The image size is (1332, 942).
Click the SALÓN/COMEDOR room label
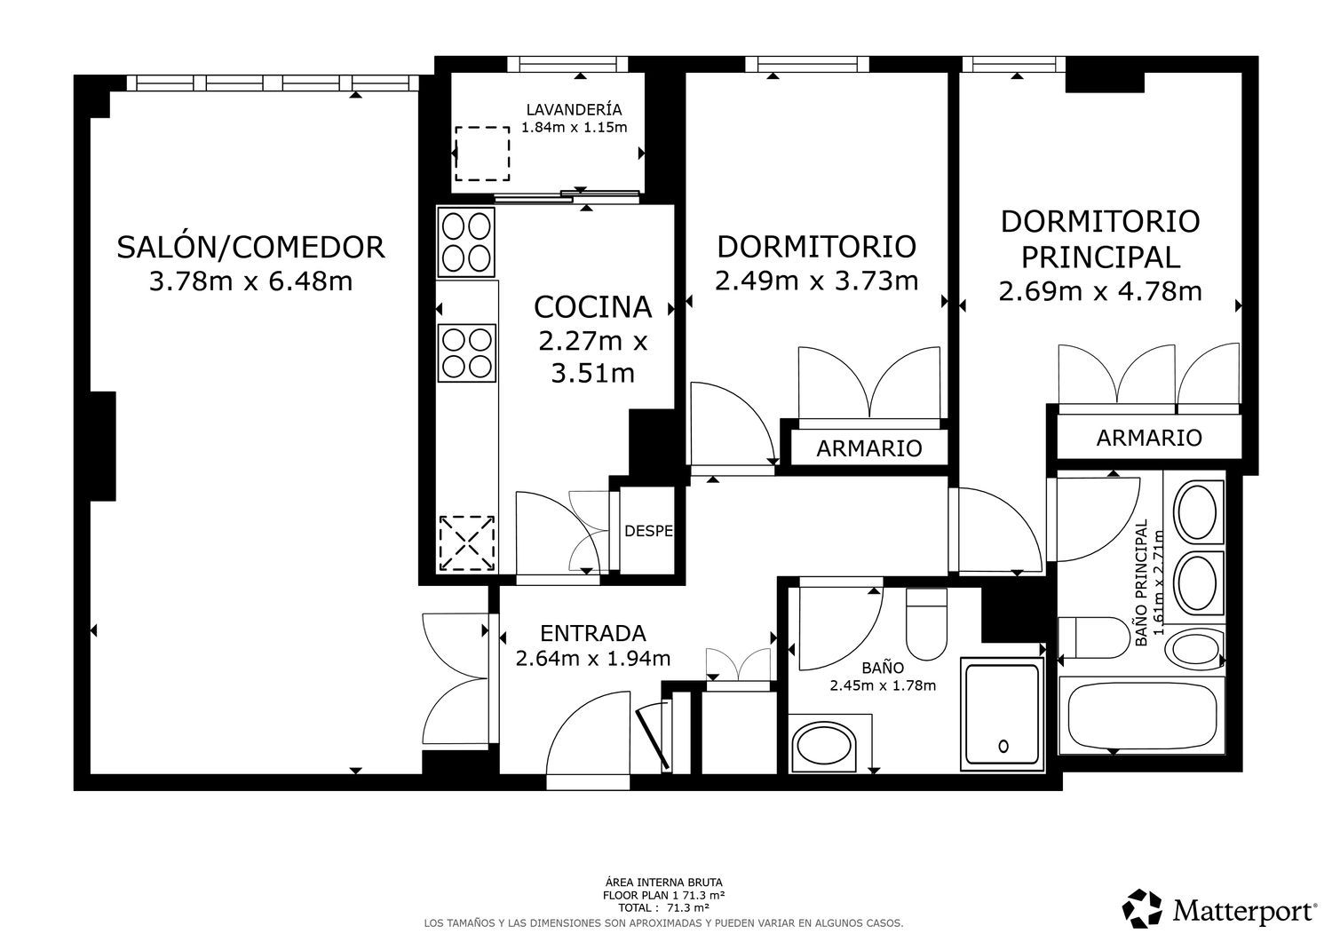tap(250, 248)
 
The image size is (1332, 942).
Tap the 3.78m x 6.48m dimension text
tap(250, 281)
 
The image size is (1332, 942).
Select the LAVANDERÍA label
tap(574, 109)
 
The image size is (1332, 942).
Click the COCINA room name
tap(592, 307)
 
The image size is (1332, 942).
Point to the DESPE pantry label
tap(648, 531)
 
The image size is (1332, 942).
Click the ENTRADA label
tap(593, 633)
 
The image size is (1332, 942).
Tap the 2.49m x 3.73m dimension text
tap(816, 281)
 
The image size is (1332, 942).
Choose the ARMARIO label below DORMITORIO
tap(868, 448)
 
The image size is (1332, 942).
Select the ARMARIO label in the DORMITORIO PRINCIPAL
tap(1149, 438)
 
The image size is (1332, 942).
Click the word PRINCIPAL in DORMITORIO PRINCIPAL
tap(1100, 257)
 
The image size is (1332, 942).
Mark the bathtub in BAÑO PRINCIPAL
tap(1142, 716)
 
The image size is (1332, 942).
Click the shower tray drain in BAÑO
tap(1003, 746)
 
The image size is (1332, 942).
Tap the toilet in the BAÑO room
tap(926, 624)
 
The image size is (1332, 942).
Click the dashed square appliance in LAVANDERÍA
tap(482, 154)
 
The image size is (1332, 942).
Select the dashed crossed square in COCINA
tap(467, 543)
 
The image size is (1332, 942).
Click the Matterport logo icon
tap(1142, 908)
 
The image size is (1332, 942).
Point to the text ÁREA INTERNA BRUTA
tap(663, 883)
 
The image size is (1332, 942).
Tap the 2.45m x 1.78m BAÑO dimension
tap(883, 685)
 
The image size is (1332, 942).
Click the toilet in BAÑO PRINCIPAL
tap(1094, 637)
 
